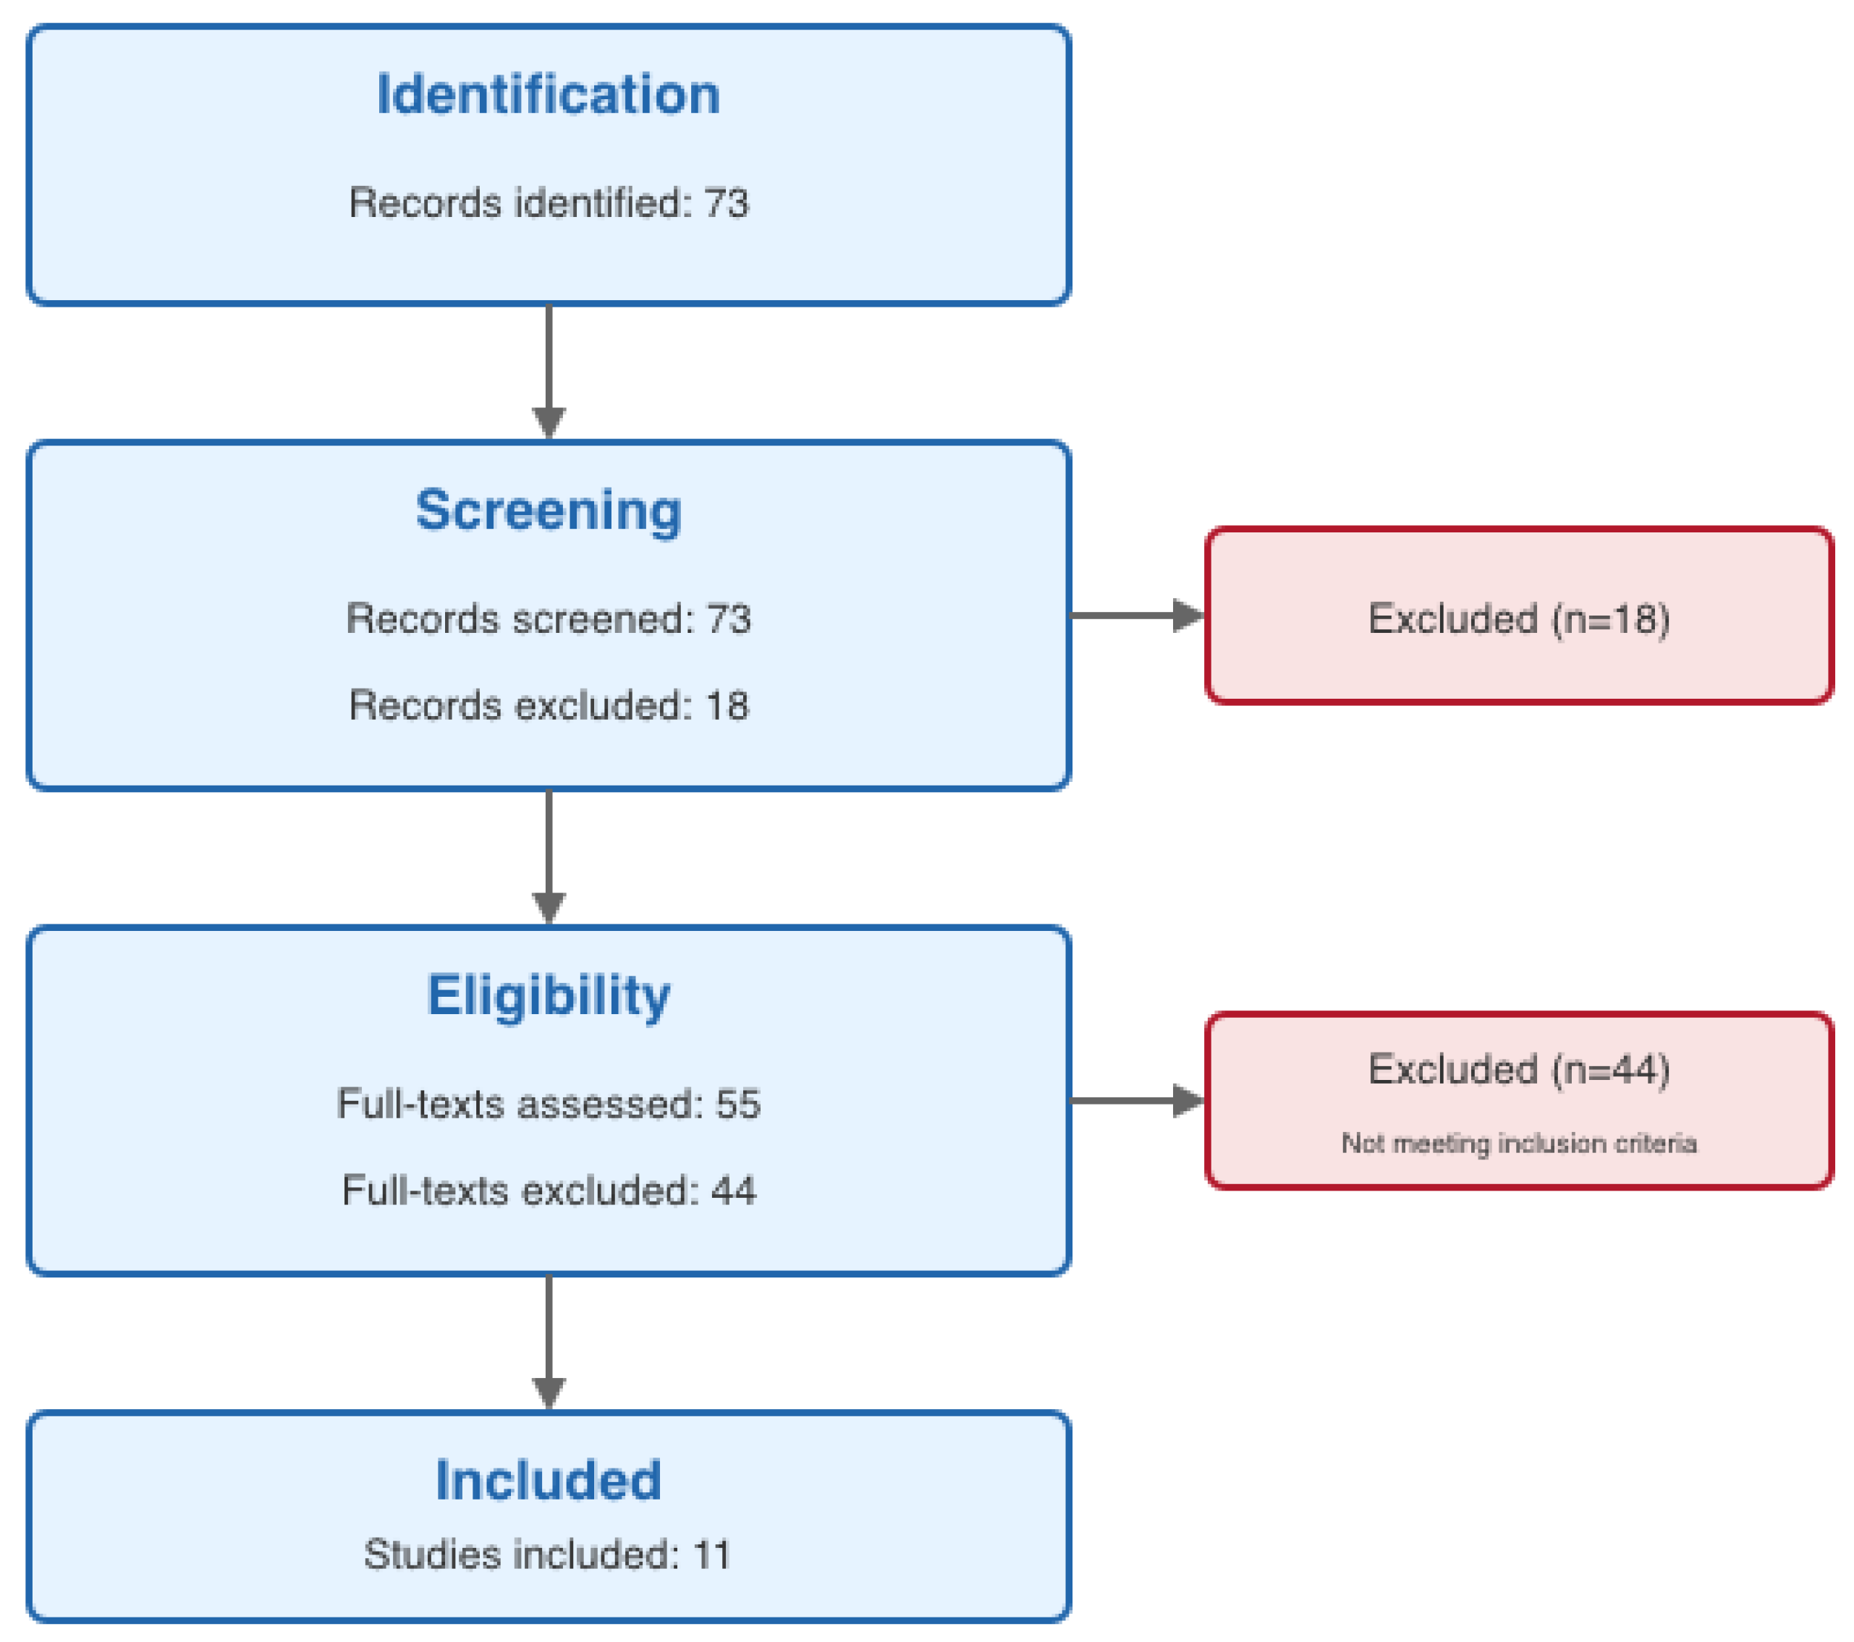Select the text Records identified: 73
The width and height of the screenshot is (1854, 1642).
tap(548, 203)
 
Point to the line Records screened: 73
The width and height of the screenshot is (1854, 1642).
tap(548, 618)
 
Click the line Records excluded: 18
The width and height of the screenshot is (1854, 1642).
tap(548, 705)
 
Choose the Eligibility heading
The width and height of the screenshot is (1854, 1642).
tap(548, 995)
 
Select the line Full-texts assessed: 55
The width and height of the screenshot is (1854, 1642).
tap(548, 1103)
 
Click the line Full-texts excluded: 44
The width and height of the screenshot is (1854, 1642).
tap(548, 1190)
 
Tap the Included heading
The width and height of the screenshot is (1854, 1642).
tap(548, 1480)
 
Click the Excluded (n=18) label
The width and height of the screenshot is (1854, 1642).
tap(1518, 618)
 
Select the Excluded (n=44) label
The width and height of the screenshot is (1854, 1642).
tap(1518, 1069)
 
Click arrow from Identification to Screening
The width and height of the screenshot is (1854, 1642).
tap(549, 372)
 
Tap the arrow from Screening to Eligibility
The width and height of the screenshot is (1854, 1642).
tap(549, 857)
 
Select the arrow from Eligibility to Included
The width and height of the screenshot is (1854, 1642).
tap(549, 1342)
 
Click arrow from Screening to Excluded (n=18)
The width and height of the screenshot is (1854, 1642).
tap(1138, 615)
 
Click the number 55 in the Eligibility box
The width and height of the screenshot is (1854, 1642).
tap(737, 1103)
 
